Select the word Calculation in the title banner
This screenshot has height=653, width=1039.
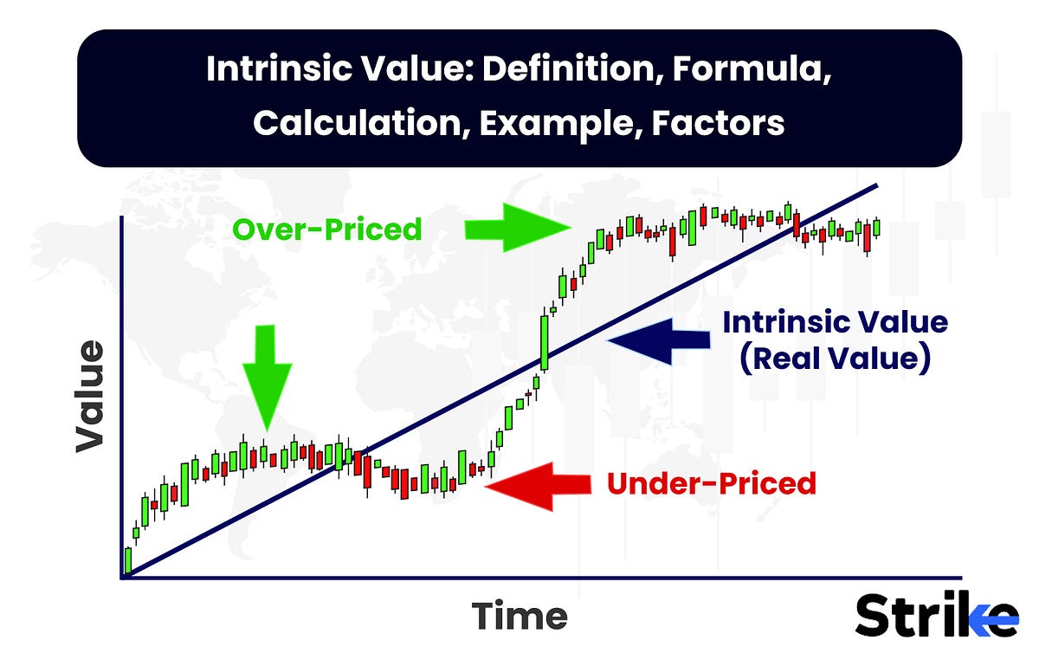358,123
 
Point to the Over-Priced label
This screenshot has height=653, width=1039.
327,230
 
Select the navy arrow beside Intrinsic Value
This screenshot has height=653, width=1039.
658,339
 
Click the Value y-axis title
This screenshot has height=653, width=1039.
89,396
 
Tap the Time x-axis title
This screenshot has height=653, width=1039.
519,617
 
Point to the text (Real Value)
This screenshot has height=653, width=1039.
835,357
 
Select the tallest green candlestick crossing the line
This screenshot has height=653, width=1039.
545,342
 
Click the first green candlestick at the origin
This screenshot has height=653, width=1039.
128,560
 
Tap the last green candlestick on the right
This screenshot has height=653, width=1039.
876,227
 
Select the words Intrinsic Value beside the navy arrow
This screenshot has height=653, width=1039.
835,322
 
